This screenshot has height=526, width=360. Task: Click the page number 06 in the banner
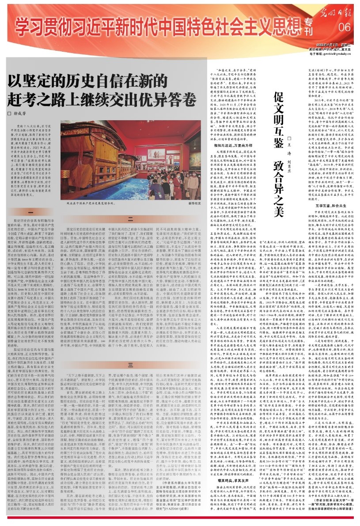click(344, 28)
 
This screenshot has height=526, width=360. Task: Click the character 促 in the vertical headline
click(280, 84)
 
